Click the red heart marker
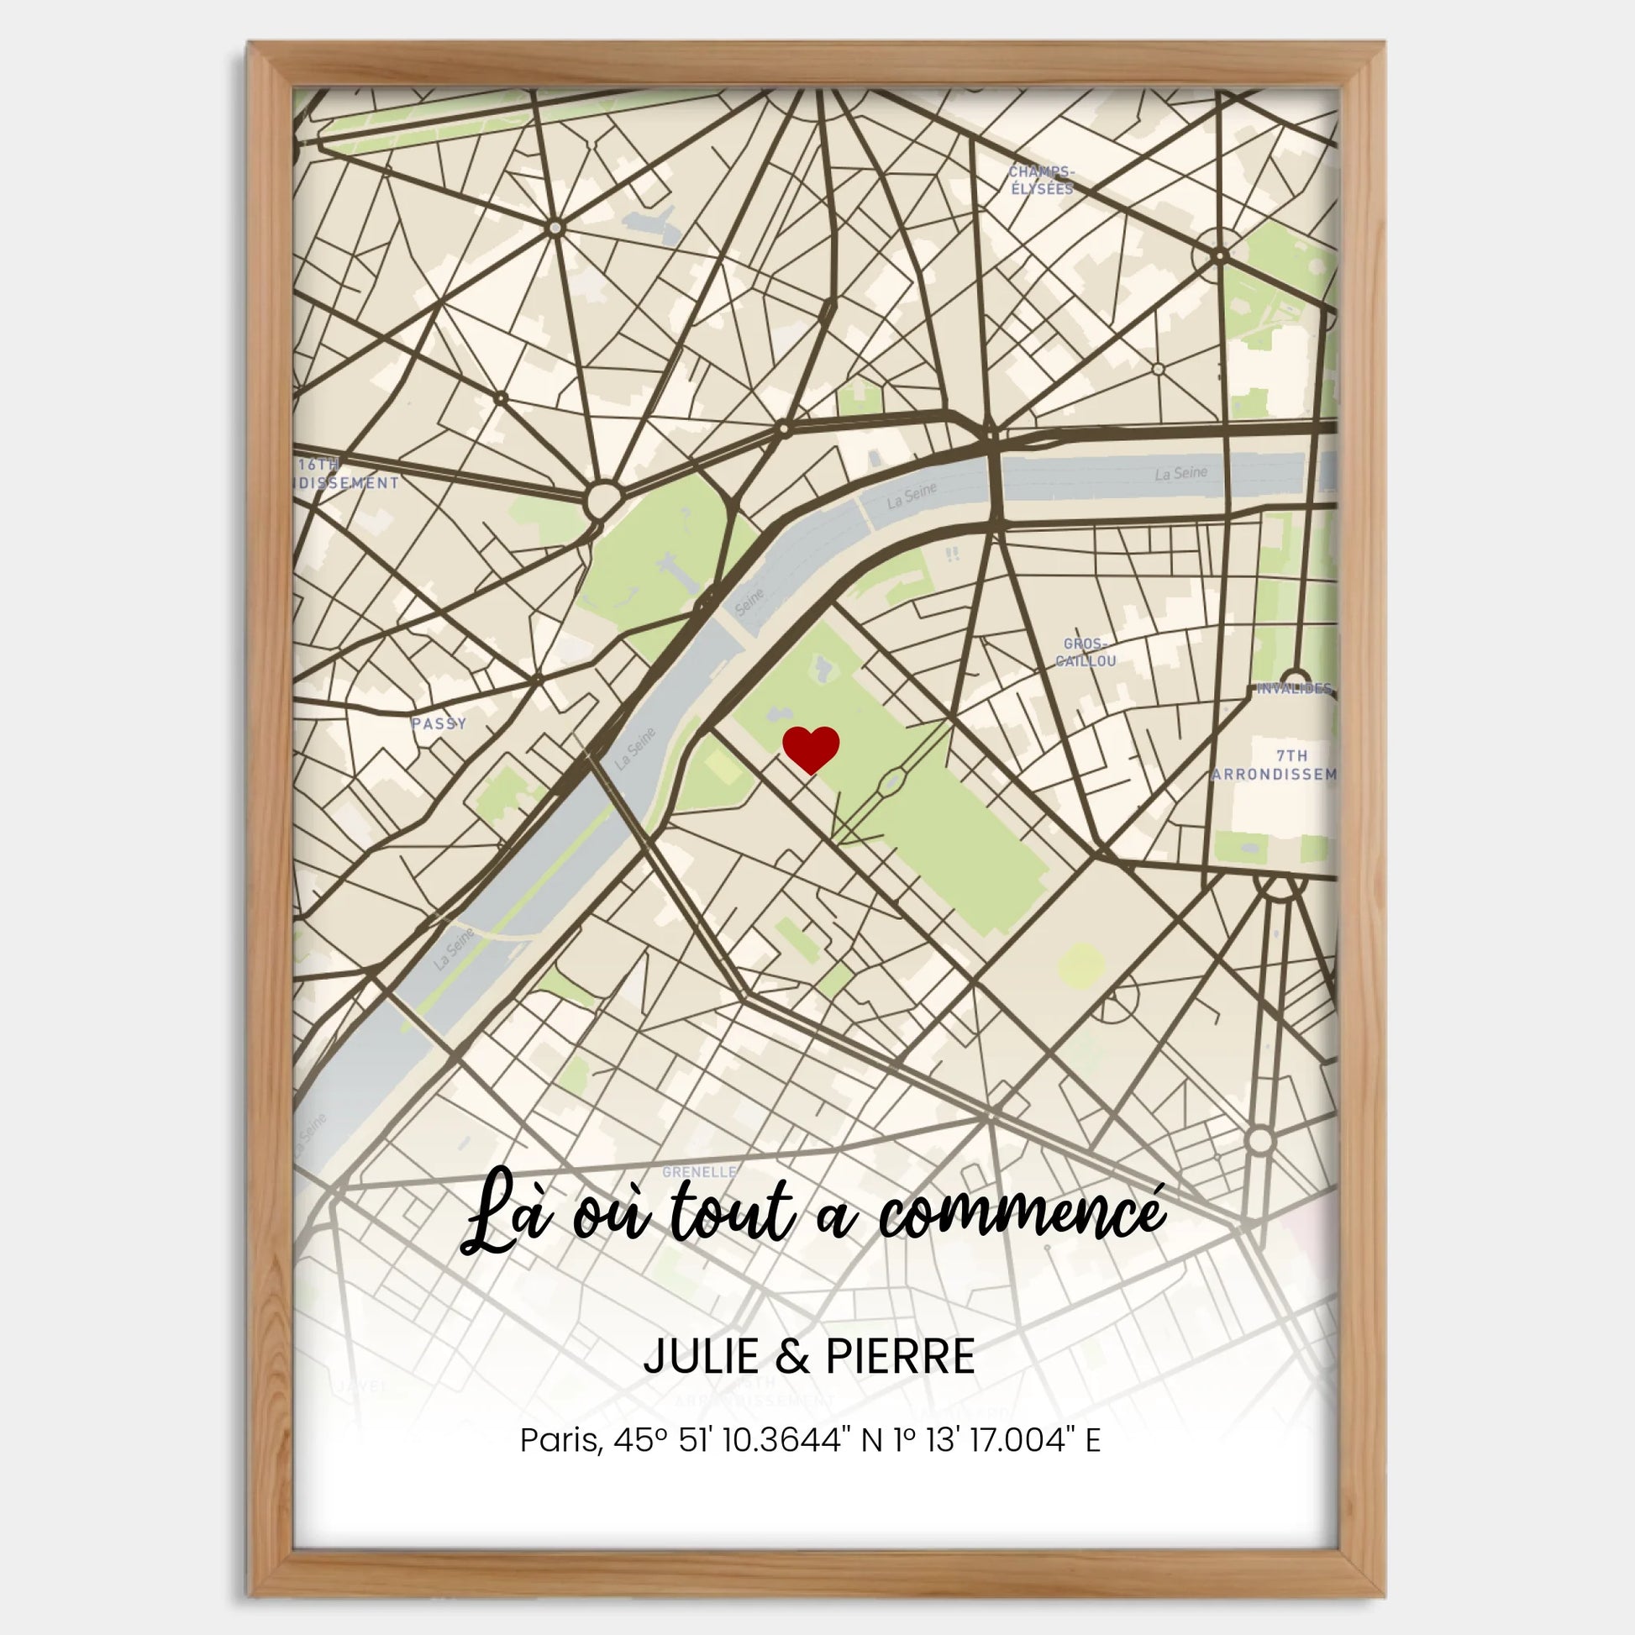coord(810,748)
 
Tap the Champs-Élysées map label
coord(1041,181)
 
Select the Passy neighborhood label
coord(439,723)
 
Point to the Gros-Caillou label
coord(1086,653)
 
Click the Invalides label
coord(1293,688)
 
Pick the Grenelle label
coord(699,1172)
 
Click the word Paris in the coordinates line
coord(560,1439)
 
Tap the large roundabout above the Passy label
coord(602,499)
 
